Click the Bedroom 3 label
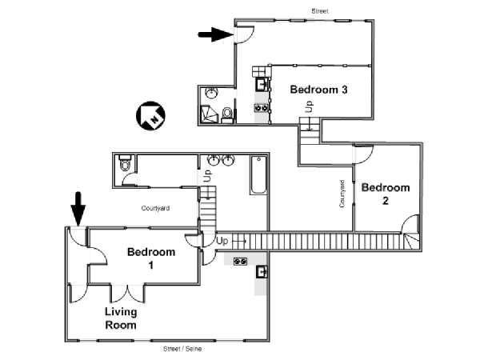(318, 90)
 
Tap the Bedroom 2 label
(386, 194)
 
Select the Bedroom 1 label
(151, 258)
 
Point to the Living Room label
(121, 318)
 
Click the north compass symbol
(150, 116)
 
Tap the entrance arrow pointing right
(215, 34)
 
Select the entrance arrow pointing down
(78, 209)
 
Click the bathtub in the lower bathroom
(259, 174)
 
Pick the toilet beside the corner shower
(227, 114)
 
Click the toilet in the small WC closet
(125, 163)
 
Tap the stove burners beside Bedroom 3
(261, 108)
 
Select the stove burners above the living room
(241, 262)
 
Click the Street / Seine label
(182, 349)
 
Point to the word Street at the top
(320, 11)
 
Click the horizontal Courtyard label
(155, 208)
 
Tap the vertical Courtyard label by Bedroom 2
(342, 194)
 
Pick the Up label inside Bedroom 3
(310, 106)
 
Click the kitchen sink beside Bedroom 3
(261, 84)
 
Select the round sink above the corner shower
(211, 93)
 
